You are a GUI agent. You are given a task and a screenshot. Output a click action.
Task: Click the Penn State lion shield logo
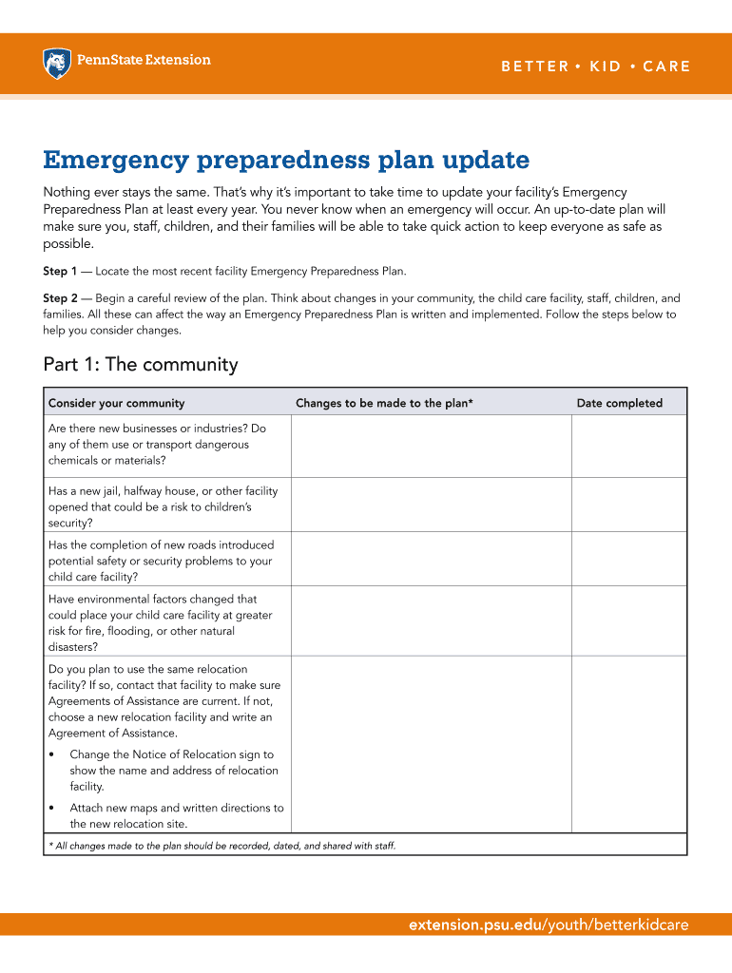tap(57, 64)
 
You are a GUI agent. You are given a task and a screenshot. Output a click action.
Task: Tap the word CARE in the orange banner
tap(666, 67)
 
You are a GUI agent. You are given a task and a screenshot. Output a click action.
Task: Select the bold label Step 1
tap(60, 272)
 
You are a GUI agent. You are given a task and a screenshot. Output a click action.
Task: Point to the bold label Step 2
tap(60, 298)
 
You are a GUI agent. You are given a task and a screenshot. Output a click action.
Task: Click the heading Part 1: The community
tap(141, 365)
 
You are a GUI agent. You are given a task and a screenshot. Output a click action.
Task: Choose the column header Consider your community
tap(116, 403)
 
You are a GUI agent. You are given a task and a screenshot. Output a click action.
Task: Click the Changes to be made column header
tap(384, 403)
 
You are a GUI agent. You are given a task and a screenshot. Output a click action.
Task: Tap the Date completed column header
tap(619, 403)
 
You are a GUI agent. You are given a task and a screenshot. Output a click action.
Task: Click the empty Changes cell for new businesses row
tap(430, 446)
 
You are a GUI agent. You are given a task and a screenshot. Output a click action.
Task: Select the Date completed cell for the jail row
tap(627, 505)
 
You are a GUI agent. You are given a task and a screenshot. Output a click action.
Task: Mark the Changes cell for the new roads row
tap(430, 559)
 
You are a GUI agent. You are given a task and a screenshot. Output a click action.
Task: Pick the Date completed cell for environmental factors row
tap(627, 620)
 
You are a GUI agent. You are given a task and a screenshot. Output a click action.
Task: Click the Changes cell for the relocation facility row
tap(430, 744)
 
